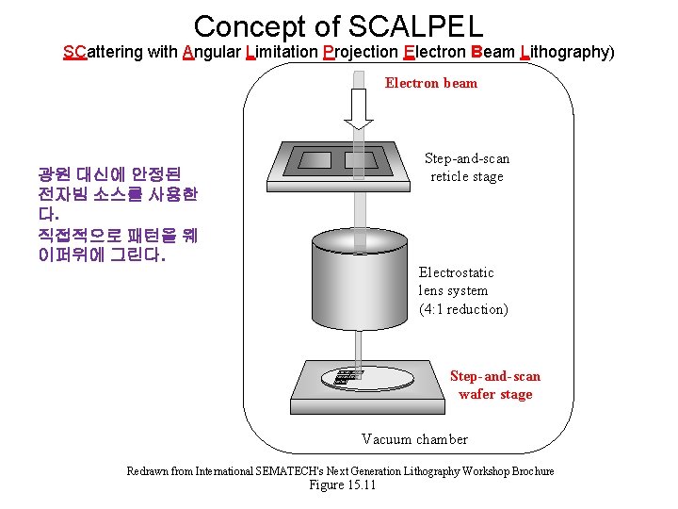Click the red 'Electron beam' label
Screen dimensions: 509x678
[431, 83]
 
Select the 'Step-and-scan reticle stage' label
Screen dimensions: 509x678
[467, 168]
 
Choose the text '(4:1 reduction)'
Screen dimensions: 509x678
[463, 309]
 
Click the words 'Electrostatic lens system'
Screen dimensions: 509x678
[456, 281]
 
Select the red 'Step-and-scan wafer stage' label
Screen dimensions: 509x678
[495, 385]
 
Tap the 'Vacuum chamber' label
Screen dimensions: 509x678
[414, 438]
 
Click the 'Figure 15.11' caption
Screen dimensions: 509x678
[342, 484]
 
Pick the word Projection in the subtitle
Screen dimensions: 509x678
[359, 52]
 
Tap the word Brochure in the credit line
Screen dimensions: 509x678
[526, 470]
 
